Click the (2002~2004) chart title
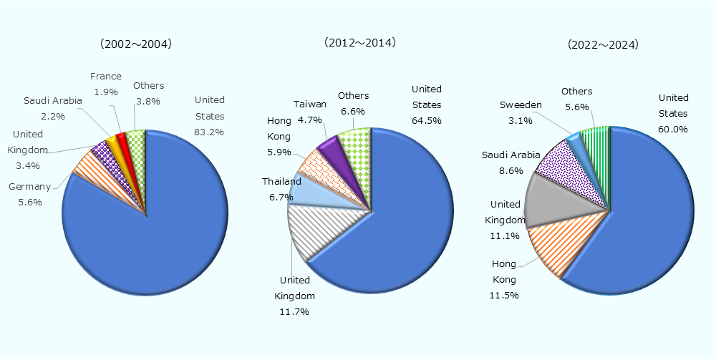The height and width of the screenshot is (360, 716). [136, 44]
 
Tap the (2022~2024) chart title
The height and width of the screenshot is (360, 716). [603, 44]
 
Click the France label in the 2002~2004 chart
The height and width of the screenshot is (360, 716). [106, 77]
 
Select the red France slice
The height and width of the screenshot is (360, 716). [120, 137]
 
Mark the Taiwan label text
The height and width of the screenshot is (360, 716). [310, 104]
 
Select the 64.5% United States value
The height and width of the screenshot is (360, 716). [426, 121]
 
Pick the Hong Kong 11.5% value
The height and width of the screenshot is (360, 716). [505, 295]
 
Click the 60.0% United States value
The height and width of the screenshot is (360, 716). [673, 130]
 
